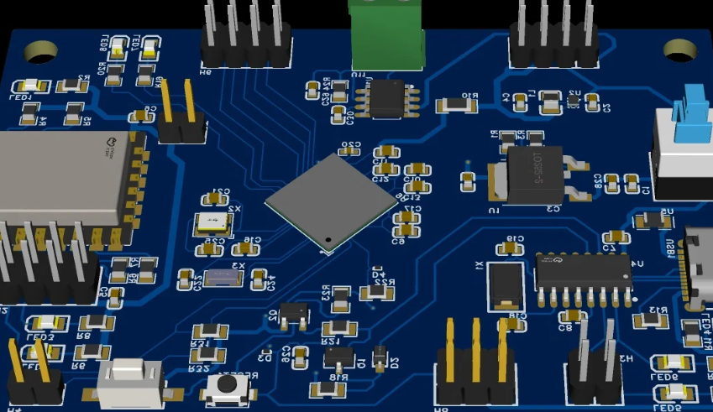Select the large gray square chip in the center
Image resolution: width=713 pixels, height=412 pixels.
[x=331, y=201]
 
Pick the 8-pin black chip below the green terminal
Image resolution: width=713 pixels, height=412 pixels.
[x=387, y=98]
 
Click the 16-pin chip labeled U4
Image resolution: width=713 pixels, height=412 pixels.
[x=584, y=272]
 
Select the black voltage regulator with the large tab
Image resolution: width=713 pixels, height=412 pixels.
[x=536, y=175]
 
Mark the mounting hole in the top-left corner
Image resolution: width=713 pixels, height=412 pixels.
[x=39, y=52]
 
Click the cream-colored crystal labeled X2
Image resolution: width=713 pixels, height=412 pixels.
[x=212, y=222]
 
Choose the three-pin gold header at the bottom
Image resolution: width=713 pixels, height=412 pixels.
[x=475, y=368]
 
